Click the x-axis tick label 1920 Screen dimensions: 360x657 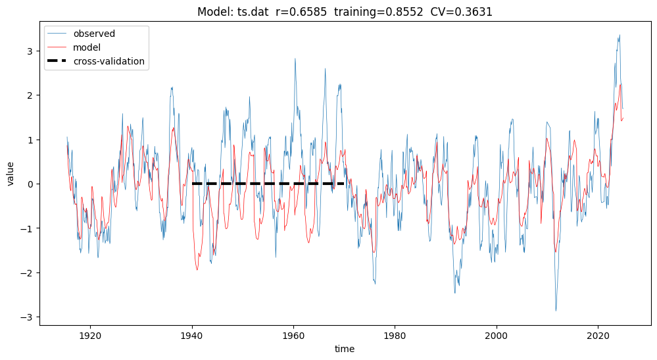click(x=90, y=335)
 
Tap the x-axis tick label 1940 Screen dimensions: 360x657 click(x=192, y=335)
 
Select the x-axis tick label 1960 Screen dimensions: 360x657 click(x=293, y=335)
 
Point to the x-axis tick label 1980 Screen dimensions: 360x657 click(x=395, y=335)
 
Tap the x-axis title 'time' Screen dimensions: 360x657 click(x=345, y=349)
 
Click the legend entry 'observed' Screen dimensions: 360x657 click(x=94, y=34)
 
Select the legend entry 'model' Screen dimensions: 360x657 click(x=87, y=47)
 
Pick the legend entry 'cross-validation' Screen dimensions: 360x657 click(x=109, y=62)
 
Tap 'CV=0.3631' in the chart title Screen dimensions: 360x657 click(x=466, y=12)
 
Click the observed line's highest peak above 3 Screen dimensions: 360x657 click(x=620, y=35)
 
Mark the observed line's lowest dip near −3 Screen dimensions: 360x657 click(x=556, y=311)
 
